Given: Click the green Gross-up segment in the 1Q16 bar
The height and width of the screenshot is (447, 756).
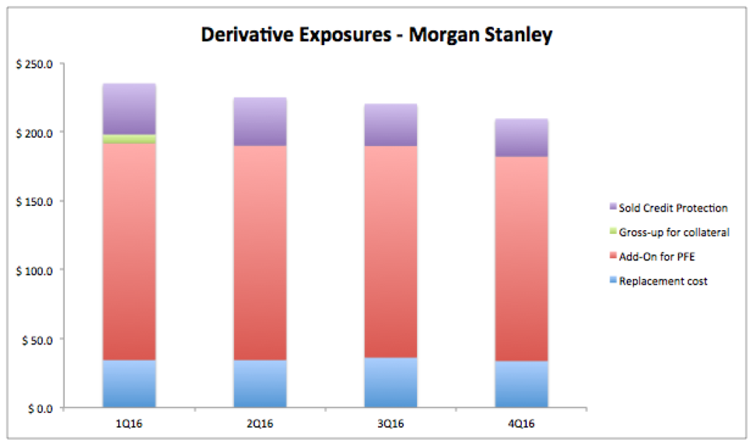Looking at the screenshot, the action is tap(129, 139).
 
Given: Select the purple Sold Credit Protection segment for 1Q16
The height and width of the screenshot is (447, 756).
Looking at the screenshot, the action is tap(129, 109).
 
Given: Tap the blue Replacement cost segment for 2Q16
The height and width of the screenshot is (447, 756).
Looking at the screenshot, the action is tap(260, 384).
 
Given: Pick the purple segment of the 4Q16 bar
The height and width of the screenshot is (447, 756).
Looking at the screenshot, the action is tap(521, 138).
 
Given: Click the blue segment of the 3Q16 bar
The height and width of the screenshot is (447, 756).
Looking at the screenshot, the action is tap(391, 382).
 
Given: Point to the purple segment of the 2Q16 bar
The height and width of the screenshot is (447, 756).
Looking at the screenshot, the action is tap(260, 122).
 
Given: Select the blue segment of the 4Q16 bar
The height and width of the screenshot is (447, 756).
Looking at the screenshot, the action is tap(521, 384).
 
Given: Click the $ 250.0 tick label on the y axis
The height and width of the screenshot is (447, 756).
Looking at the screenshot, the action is tap(34, 64).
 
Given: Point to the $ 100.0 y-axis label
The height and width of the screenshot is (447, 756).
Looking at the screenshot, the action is tap(34, 271).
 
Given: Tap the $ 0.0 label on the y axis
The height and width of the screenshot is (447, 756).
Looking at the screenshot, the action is tap(40, 409).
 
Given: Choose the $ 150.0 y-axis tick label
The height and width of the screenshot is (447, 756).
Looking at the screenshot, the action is tap(34, 202).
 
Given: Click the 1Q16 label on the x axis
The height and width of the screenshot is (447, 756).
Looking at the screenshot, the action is tap(129, 424).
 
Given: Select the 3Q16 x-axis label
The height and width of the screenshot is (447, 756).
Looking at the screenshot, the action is tap(391, 424).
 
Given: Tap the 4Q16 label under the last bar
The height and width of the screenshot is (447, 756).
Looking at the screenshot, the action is tap(521, 424).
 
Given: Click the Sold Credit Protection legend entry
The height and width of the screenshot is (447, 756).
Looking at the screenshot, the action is tap(669, 208).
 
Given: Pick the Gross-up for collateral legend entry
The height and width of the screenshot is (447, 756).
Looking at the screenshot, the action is tap(670, 232).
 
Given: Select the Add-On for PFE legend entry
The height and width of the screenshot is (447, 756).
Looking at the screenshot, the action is tap(653, 257).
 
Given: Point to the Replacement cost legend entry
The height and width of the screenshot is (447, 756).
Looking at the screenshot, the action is tap(659, 281).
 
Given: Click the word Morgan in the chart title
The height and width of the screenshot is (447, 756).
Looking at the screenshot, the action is tap(444, 35).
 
